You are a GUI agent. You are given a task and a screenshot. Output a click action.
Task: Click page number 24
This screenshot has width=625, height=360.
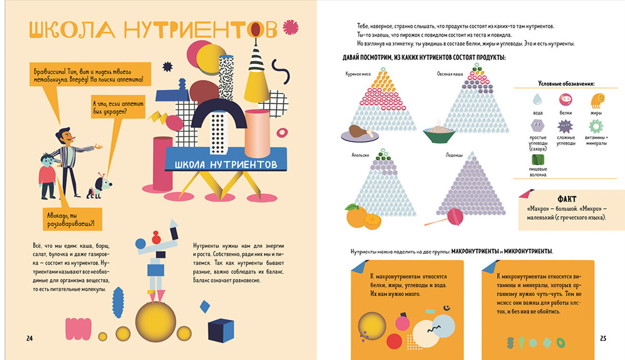[x=29, y=338]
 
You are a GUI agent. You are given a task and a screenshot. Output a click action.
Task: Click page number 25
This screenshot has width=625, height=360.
[x=603, y=338]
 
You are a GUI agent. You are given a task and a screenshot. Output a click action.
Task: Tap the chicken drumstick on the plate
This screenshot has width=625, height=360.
[x=360, y=131]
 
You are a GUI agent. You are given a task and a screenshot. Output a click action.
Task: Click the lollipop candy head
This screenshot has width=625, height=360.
[x=455, y=216]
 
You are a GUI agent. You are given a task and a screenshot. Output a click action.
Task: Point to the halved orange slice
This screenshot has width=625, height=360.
[x=373, y=222]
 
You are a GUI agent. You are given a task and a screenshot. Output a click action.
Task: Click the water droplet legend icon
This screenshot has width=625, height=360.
[x=538, y=99]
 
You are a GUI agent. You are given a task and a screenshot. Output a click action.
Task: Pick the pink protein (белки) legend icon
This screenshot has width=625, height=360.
[x=565, y=99]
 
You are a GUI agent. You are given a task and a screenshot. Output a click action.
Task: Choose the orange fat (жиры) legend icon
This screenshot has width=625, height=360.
[x=597, y=101]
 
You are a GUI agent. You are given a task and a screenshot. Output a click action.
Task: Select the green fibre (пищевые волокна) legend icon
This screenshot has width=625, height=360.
[x=538, y=159]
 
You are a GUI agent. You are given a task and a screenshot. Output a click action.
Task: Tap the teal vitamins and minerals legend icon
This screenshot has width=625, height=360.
[x=596, y=127]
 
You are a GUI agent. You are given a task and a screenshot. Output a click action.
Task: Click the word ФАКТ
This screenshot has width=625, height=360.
[x=567, y=199]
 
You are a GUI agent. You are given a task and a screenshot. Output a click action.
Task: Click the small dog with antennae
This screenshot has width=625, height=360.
[x=99, y=186]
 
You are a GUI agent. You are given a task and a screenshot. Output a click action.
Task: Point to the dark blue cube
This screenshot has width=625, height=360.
[x=221, y=330]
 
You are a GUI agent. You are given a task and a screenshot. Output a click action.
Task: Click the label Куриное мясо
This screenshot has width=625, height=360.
[x=358, y=74]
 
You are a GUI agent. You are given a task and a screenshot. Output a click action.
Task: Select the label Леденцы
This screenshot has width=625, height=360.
[x=454, y=155]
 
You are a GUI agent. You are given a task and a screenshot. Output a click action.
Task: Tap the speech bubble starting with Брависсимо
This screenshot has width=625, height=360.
[x=90, y=75]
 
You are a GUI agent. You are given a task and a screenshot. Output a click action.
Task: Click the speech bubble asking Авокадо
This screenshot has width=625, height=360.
[x=72, y=219]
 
